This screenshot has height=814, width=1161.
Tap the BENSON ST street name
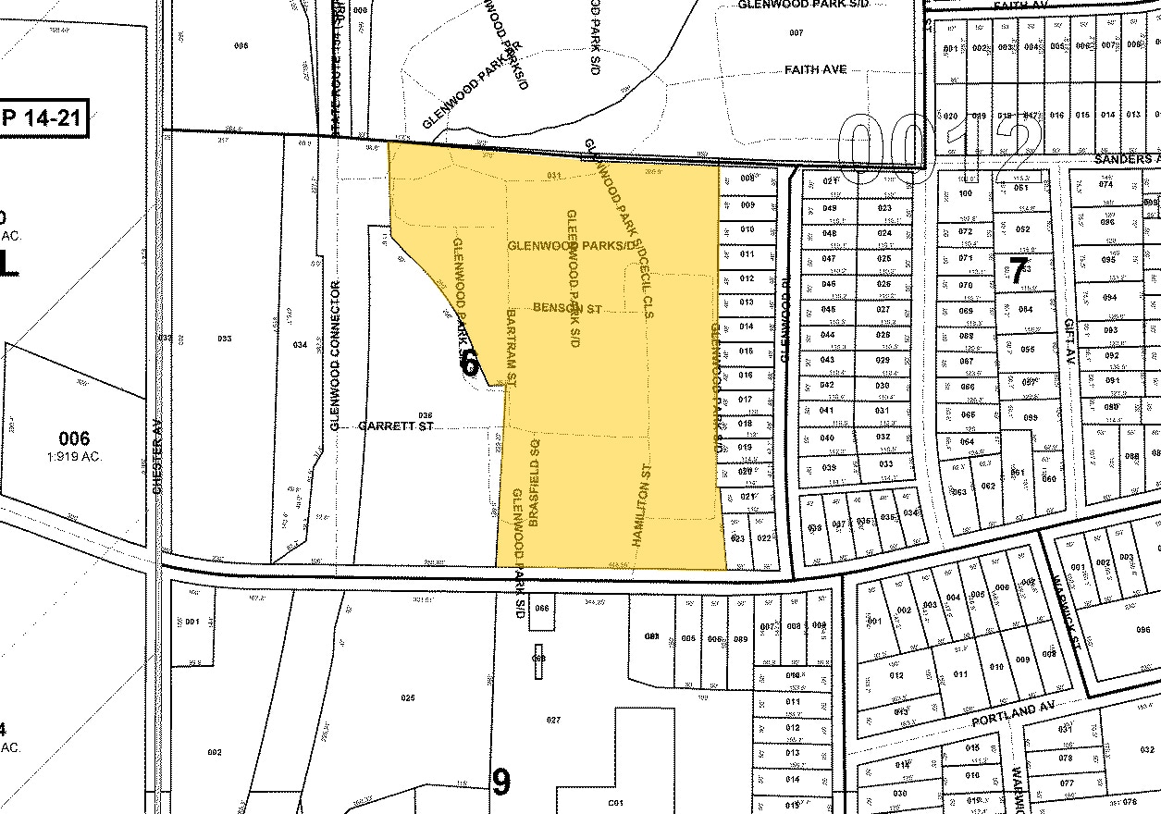tap(567, 307)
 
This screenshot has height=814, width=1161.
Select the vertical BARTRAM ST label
tap(512, 348)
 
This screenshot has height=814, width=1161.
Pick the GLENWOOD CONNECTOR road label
tap(336, 355)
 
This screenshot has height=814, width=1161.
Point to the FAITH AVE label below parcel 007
tap(815, 69)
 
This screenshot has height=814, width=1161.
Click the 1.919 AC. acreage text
tap(75, 456)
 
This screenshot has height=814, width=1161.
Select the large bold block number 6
tap(469, 363)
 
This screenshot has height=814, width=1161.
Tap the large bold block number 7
tap(1019, 270)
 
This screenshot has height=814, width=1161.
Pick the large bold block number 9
tap(500, 783)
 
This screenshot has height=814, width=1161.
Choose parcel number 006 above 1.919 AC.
tap(74, 438)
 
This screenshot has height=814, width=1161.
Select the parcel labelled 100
tap(966, 193)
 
